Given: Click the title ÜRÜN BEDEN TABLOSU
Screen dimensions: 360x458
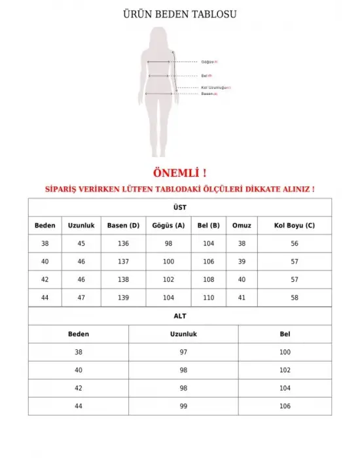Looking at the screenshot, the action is (180, 14).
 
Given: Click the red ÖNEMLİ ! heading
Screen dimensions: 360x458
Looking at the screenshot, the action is (179, 173).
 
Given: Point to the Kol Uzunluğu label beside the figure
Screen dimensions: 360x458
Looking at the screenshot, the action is (215, 87).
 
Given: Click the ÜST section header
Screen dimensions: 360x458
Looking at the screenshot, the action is (180, 207).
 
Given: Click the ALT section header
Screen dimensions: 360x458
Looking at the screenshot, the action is (180, 316).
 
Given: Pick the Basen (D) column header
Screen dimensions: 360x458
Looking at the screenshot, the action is (124, 226).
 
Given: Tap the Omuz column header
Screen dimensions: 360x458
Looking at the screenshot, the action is (242, 226).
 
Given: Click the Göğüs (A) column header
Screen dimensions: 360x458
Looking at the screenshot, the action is (168, 226).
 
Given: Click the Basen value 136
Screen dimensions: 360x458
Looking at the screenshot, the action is (124, 243).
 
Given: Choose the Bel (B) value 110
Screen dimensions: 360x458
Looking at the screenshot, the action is (209, 298).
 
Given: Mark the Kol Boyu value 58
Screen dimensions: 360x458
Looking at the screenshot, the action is (295, 298).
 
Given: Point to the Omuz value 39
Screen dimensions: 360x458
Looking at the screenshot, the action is (242, 262).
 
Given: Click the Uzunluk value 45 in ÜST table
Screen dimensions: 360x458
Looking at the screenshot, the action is (81, 243).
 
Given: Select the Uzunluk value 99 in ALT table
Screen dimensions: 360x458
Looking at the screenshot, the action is (183, 406).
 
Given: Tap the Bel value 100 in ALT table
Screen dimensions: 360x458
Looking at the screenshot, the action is (285, 352).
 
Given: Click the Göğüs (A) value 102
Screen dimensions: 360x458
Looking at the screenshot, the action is (168, 279).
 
